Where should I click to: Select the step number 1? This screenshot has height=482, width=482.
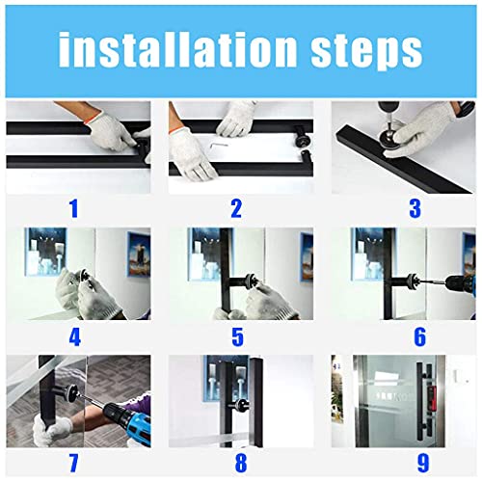coord(73,207)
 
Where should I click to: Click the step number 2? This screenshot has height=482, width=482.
coord(235,207)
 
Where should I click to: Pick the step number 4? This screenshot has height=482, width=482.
coord(73,336)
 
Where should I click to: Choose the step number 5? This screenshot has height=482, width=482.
coord(235,336)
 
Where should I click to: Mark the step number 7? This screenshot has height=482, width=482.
coord(73,463)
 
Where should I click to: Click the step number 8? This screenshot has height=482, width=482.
coord(235,463)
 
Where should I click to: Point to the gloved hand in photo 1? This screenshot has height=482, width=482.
coord(114,130)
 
